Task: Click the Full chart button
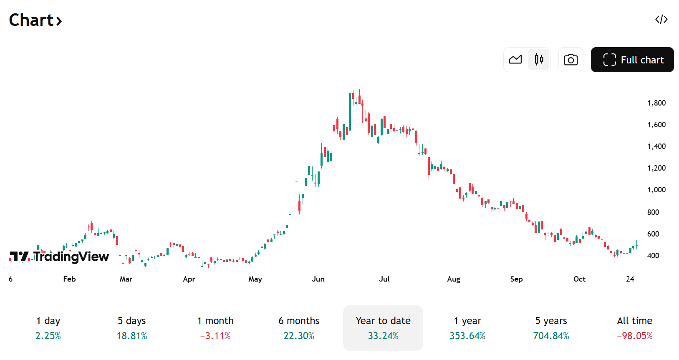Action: (632, 60)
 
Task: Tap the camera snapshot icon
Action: (570, 60)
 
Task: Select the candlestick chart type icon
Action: (539, 60)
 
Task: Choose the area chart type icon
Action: (515, 60)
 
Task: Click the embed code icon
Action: (661, 20)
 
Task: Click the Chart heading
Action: (35, 20)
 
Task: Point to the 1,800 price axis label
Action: (656, 103)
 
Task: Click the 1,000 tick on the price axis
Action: (656, 190)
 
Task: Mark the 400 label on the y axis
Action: (653, 256)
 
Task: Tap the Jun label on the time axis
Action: (318, 279)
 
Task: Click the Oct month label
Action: (579, 279)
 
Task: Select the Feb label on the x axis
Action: (69, 279)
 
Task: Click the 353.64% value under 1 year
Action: (467, 336)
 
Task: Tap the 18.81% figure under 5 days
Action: (132, 336)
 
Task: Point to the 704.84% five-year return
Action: (551, 336)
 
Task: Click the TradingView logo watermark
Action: (59, 256)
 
